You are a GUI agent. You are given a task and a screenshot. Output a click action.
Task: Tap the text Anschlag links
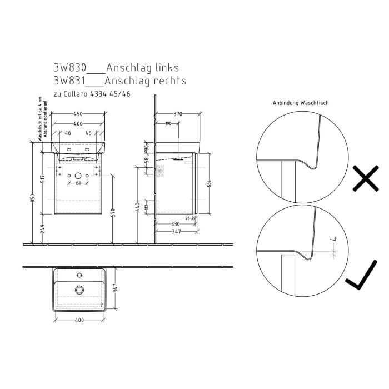[x=142, y=68]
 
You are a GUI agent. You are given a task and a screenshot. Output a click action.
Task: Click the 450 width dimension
[x=78, y=114]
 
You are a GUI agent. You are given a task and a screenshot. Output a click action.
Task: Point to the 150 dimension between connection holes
[x=78, y=183]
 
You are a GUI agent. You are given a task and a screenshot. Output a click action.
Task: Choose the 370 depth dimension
[x=178, y=114]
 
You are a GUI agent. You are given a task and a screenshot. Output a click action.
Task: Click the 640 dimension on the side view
[x=137, y=208]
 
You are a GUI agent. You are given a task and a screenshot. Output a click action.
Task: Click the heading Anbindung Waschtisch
[x=300, y=103]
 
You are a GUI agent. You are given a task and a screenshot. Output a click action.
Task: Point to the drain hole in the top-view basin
[x=79, y=289]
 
